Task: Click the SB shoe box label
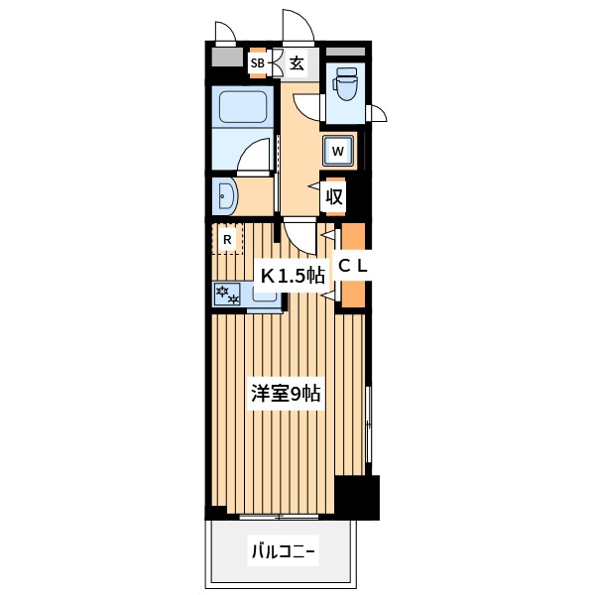click(x=257, y=63)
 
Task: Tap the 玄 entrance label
click(x=297, y=63)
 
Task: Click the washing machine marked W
click(x=338, y=151)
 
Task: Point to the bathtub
click(x=243, y=107)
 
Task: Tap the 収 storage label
click(x=334, y=197)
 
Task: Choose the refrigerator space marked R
click(x=227, y=239)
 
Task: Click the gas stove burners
click(x=227, y=295)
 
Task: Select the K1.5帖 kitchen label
click(x=293, y=276)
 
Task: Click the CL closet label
click(x=353, y=266)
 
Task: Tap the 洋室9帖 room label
click(x=287, y=394)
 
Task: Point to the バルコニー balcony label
click(x=284, y=551)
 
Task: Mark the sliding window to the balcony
click(x=280, y=517)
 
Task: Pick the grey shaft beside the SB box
click(x=227, y=57)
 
